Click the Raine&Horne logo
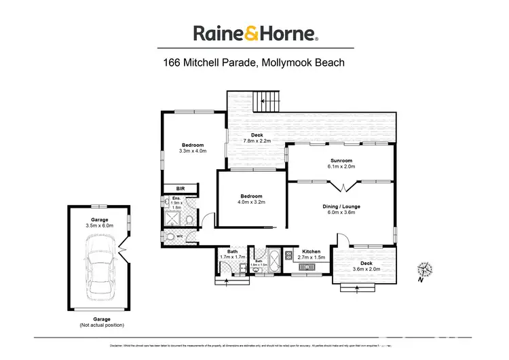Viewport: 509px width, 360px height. (x=254, y=33)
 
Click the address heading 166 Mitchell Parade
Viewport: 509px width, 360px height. (x=254, y=64)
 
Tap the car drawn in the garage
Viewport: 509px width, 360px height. (x=100, y=262)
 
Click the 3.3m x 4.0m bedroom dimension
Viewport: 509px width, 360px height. (x=193, y=151)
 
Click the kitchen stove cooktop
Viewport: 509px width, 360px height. (x=288, y=255)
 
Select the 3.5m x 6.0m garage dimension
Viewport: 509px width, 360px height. (x=99, y=225)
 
